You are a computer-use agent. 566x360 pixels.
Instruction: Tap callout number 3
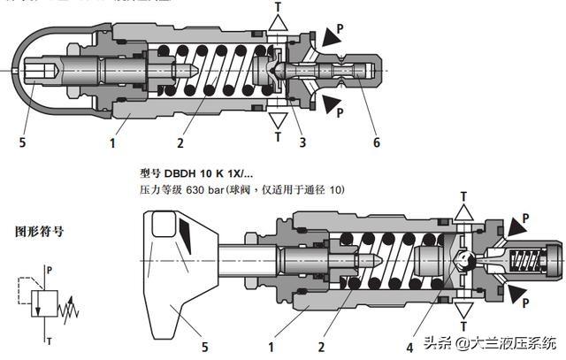[x=302, y=142]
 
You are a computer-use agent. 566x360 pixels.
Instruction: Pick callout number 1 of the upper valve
[x=113, y=142]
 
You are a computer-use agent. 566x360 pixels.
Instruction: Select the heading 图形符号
[x=38, y=233]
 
